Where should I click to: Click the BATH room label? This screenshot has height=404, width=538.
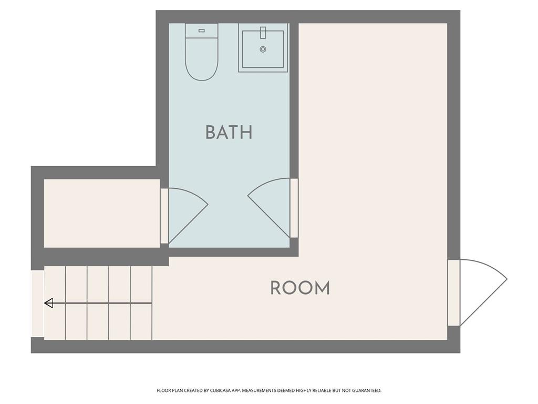point(229,132)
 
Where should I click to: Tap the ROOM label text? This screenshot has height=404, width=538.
point(300,288)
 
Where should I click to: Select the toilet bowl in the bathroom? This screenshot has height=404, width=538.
point(201,59)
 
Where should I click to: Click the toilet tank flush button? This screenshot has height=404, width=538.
point(201,31)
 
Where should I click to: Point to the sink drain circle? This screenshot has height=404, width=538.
point(263,49)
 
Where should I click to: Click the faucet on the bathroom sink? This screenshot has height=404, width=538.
point(263,33)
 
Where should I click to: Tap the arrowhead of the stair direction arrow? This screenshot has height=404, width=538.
point(49,304)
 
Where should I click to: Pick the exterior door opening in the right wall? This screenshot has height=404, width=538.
point(453,292)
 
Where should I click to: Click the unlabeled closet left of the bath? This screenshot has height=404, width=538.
point(102,214)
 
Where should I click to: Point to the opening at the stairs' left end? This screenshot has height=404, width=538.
point(38,304)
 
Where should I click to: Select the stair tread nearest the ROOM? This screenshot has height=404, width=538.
point(141,303)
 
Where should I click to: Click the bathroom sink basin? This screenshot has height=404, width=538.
point(263,49)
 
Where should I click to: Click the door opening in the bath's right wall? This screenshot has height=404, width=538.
point(294,208)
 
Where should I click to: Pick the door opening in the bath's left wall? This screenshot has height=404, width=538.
point(164,216)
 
